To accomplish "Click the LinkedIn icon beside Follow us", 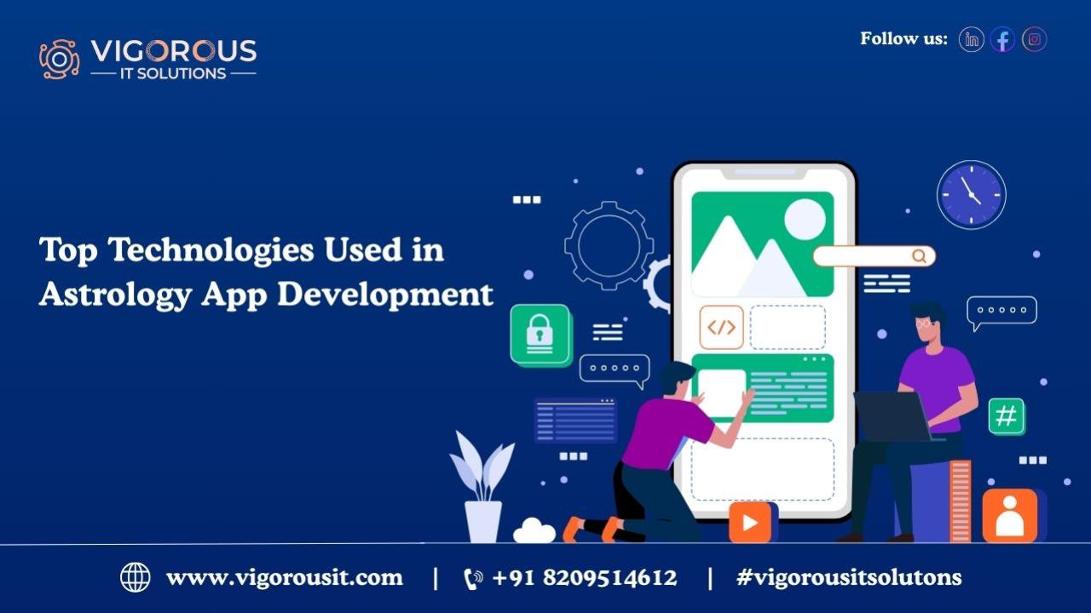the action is pos(971,39).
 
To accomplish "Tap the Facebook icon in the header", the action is pos(1003,39).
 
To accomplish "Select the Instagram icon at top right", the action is pos(1035,39).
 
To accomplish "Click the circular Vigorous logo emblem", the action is pos(60,59).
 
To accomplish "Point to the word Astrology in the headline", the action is pos(115,295).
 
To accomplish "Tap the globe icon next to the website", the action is pos(136,577).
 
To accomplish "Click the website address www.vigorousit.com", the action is pos(285,578).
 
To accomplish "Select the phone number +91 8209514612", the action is pos(585,578).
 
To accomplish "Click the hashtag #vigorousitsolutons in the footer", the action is pos(849,578).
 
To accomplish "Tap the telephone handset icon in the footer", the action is pos(473,579).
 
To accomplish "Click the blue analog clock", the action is pos(972,195).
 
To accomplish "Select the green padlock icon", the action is pos(540,335).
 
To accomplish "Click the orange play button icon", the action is pos(750,523).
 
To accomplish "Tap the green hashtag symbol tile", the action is pos(1007,416).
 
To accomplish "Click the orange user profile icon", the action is pos(1010,516).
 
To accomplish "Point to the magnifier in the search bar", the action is pos(919,256).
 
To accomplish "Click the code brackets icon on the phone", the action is pos(721,328).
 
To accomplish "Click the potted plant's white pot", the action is pos(483,522).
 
